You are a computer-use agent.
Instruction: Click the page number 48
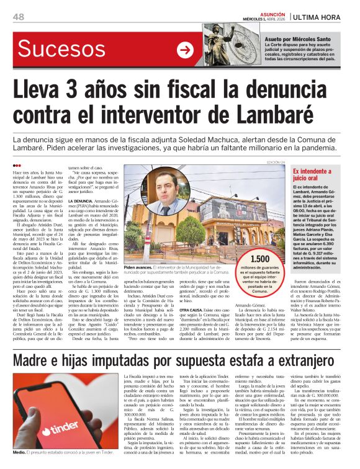click(x=19, y=17)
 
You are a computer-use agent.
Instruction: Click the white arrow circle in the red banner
click(x=184, y=50)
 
